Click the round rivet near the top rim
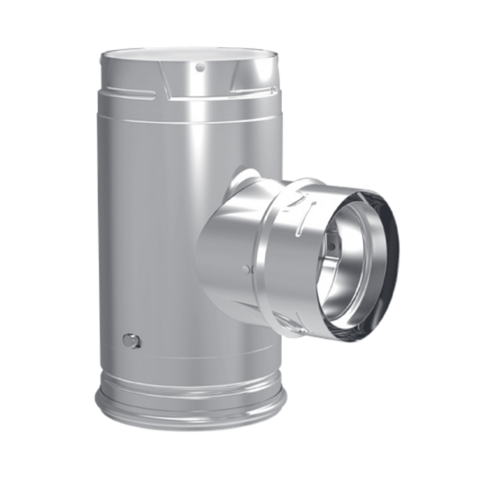point(200,67)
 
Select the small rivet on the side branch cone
point(247,269)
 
